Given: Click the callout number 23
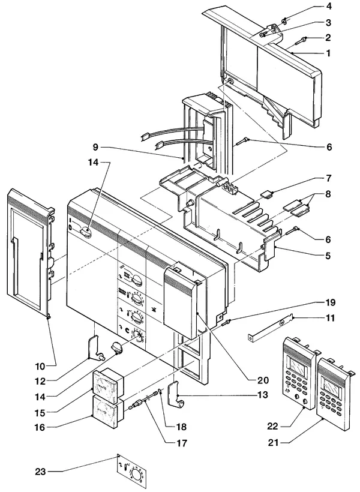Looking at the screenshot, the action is click(x=40, y=472).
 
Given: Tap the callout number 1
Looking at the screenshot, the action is click(x=328, y=53).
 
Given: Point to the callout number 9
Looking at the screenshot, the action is click(x=96, y=146).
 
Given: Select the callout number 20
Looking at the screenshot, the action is click(x=263, y=380).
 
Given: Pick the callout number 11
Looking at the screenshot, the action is click(x=329, y=318).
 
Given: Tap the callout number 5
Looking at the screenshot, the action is click(x=328, y=256).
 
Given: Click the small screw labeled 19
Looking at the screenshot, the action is click(x=226, y=323).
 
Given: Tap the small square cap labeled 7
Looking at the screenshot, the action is click(x=266, y=194).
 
